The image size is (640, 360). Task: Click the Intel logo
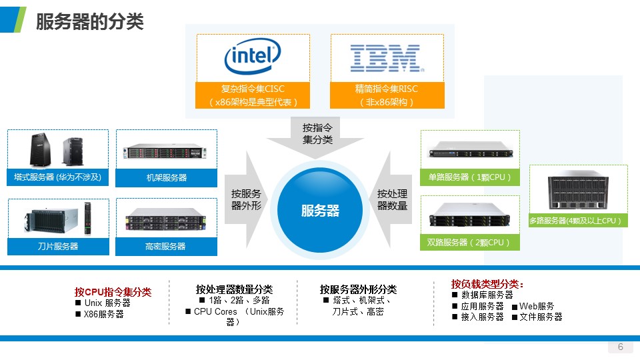click(253, 58)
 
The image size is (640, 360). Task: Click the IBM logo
click(386, 58)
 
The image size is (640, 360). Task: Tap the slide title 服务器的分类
click(89, 22)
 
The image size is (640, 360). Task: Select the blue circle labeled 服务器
click(320, 211)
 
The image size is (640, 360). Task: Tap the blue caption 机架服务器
click(167, 178)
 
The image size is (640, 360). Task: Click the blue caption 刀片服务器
click(58, 246)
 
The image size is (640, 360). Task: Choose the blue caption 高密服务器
click(167, 246)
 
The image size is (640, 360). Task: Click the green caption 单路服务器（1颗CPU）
click(470, 177)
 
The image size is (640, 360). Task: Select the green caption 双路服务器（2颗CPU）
click(470, 242)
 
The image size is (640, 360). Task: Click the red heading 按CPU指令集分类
click(113, 292)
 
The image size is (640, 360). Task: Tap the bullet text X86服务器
click(103, 314)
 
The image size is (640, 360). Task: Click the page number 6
click(621, 347)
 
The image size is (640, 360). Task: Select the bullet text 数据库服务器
click(487, 295)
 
